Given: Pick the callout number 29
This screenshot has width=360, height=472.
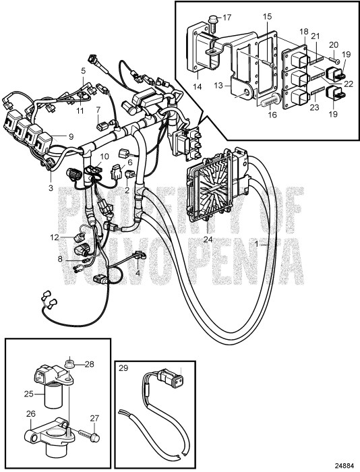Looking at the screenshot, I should click(x=123, y=368).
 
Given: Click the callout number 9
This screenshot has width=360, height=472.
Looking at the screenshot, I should click(x=69, y=136).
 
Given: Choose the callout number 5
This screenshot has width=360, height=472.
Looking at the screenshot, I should click(x=84, y=70).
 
